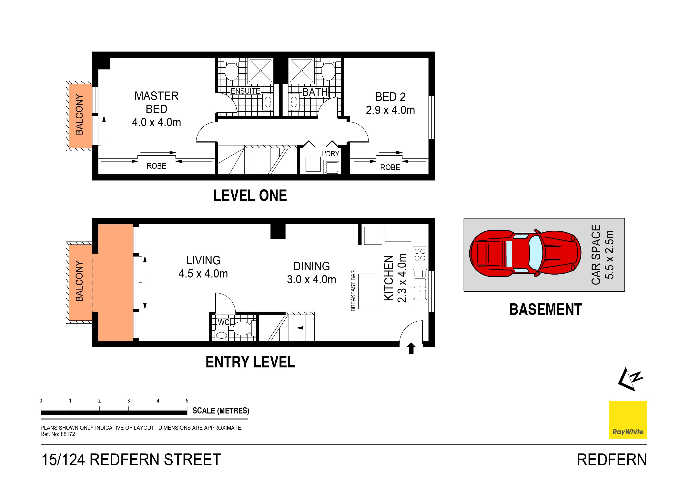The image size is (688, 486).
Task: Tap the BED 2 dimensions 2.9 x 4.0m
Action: pyautogui.click(x=390, y=110)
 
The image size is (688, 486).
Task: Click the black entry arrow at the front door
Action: pyautogui.click(x=411, y=348)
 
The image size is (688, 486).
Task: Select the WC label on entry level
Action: pyautogui.click(x=223, y=322)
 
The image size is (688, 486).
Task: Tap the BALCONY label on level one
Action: pyautogui.click(x=79, y=114)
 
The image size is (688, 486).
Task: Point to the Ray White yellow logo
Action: pyautogui.click(x=627, y=420)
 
